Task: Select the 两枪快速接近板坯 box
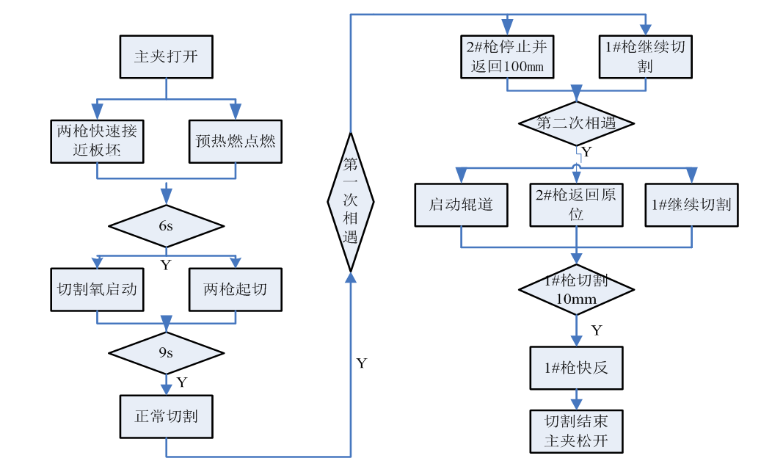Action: [x=96, y=141]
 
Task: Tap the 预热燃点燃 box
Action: [x=235, y=141]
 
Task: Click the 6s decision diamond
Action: [x=166, y=225]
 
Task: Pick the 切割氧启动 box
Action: [x=96, y=289]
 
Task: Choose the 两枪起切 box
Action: [x=235, y=289]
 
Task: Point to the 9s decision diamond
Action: [x=166, y=352]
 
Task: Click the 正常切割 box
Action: [x=166, y=416]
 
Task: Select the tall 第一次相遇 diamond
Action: [x=350, y=201]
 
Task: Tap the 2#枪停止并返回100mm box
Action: [x=507, y=57]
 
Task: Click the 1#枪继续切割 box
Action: [x=645, y=57]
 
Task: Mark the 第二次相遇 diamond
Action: [x=576, y=123]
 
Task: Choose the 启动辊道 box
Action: [x=461, y=205]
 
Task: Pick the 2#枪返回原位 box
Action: [x=576, y=205]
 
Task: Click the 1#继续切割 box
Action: [x=691, y=205]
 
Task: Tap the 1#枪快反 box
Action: [x=576, y=367]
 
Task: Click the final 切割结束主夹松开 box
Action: [x=576, y=432]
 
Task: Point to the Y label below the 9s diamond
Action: [x=181, y=382]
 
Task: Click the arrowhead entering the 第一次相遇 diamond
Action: [x=350, y=276]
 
